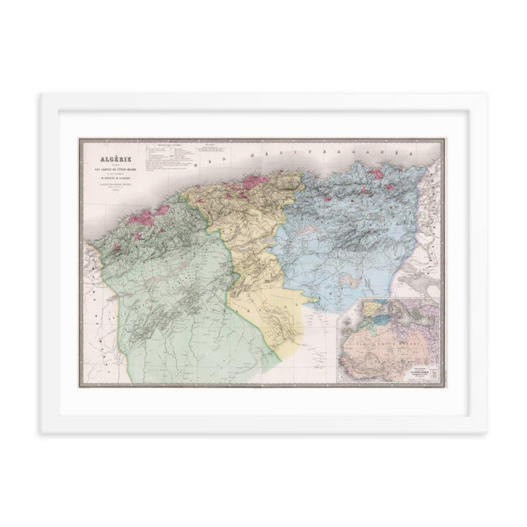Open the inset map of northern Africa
tap(392, 340)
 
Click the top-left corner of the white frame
tap(42, 94)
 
